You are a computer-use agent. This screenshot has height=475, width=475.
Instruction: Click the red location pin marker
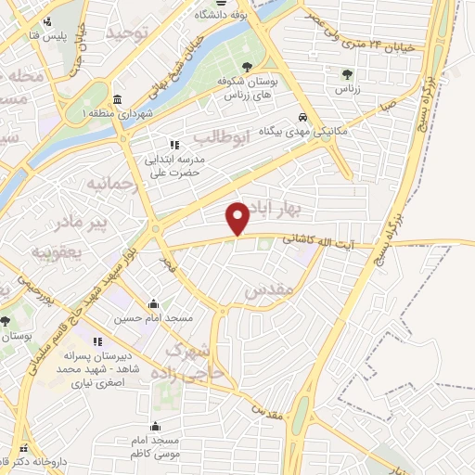(x=238, y=218)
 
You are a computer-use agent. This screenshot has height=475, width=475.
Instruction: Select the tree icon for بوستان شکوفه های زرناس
(x=246, y=67)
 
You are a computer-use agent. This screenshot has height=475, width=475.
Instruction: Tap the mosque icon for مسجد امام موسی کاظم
(x=154, y=425)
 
